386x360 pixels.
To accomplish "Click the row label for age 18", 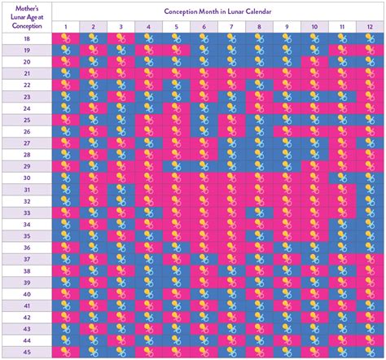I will (27, 38).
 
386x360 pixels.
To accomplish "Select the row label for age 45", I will (27, 352).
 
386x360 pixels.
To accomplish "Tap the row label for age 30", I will (27, 178).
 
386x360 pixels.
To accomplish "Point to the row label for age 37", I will (27, 259).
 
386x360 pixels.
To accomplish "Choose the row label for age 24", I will (27, 108).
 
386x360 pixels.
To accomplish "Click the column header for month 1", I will (65, 27).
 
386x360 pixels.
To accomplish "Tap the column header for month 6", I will (204, 27).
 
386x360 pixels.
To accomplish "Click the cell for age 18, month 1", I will (65, 38).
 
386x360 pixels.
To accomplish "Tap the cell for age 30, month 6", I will (204, 178).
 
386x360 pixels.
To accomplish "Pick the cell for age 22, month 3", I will (121, 85).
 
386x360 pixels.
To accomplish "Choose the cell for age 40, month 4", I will (148, 294).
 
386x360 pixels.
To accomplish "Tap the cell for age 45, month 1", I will (65, 352).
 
